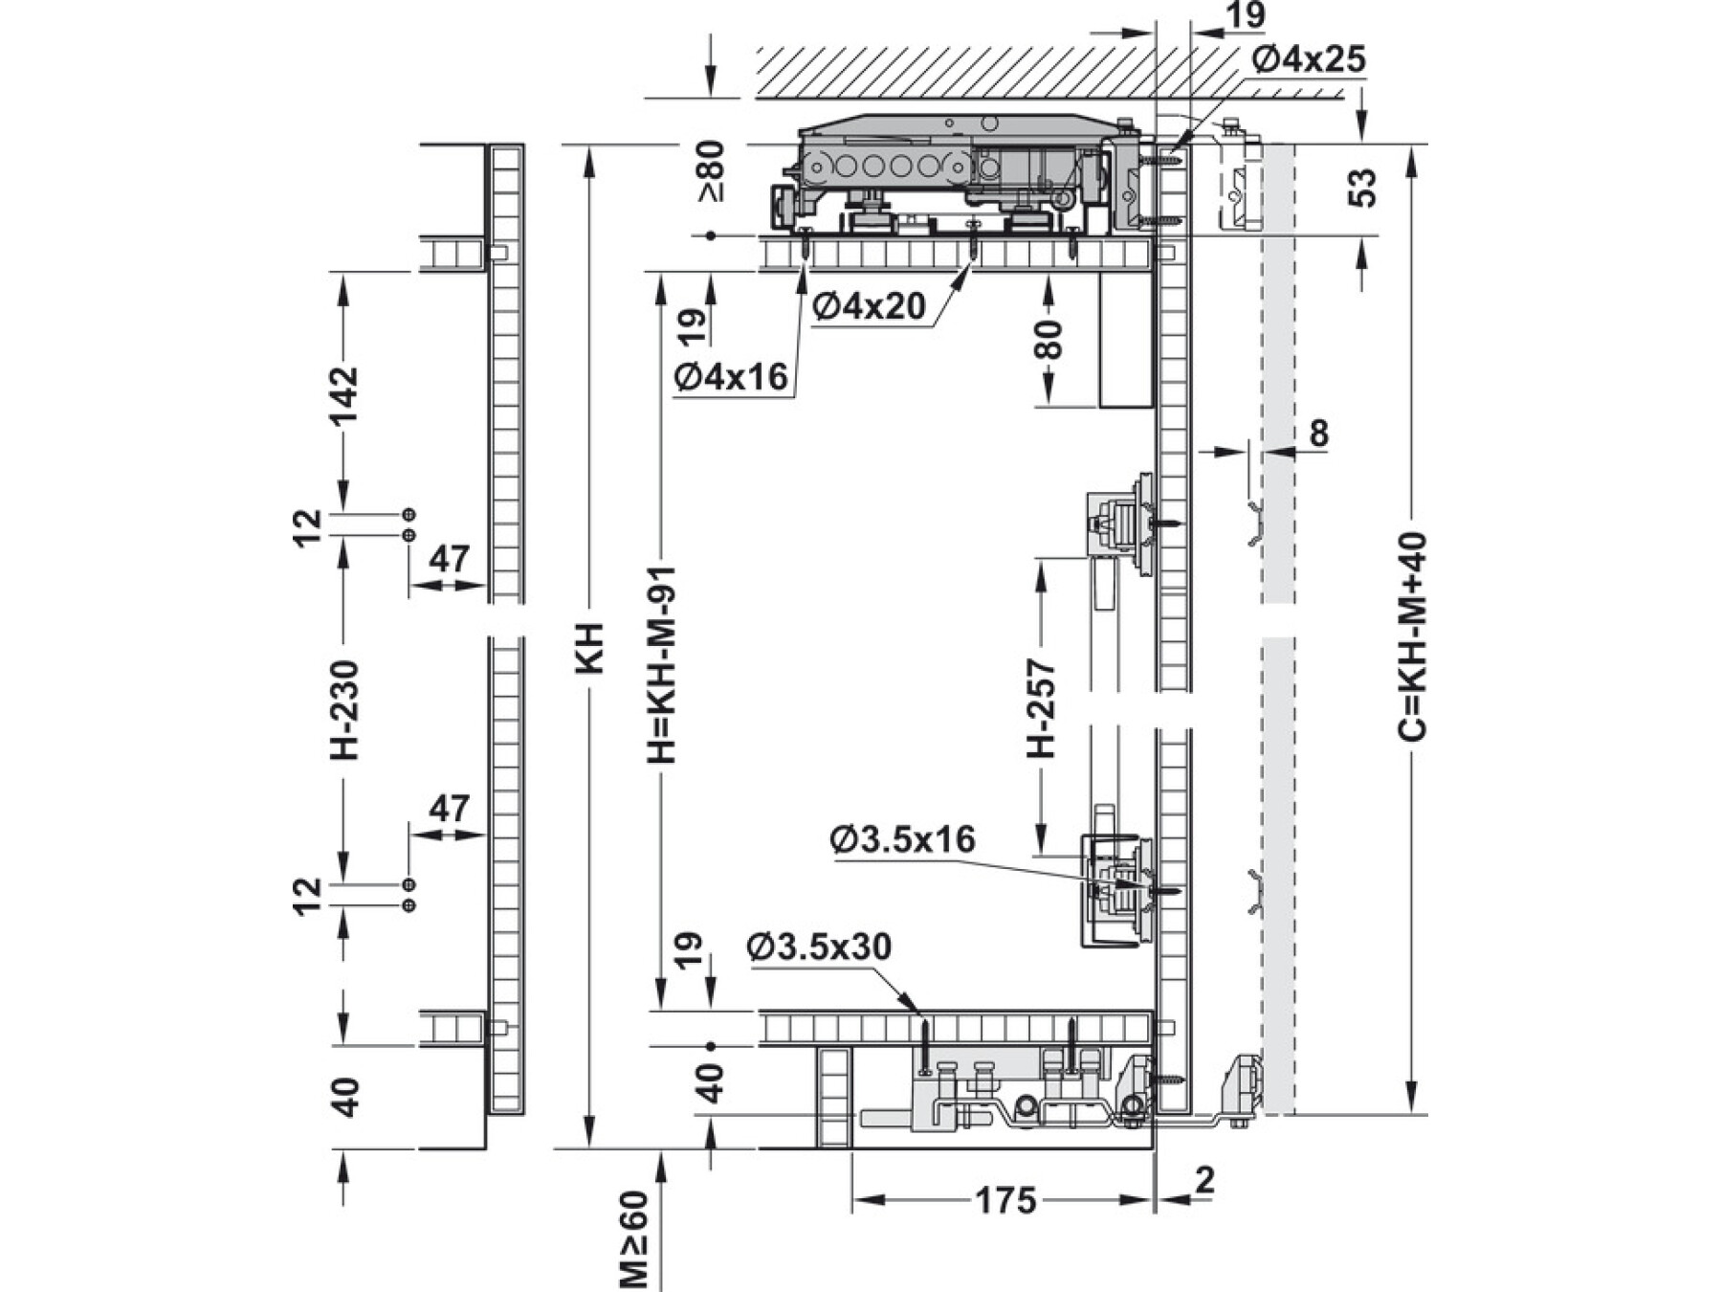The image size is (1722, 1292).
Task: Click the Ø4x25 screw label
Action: coord(1308,59)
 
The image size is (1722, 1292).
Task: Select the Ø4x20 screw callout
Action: coord(870,306)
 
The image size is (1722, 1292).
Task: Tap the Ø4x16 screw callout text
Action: coord(732,377)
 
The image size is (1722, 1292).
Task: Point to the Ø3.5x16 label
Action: coord(903,839)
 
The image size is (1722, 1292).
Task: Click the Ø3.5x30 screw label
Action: coord(820,947)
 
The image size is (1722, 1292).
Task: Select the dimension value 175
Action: coord(1005,1200)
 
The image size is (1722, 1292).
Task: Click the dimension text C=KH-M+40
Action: coord(1412,636)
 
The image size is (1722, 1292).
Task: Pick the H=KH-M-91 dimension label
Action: coord(661,664)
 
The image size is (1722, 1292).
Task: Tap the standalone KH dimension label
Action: coord(589,648)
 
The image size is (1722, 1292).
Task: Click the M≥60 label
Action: coord(633,1239)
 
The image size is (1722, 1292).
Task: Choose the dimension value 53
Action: coord(1362,188)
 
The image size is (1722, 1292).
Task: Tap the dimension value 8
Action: coord(1319,434)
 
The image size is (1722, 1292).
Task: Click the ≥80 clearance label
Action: coord(712,171)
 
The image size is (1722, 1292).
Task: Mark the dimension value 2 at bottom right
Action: coord(1205,1180)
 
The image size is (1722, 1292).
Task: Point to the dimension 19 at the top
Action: coord(1245,16)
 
